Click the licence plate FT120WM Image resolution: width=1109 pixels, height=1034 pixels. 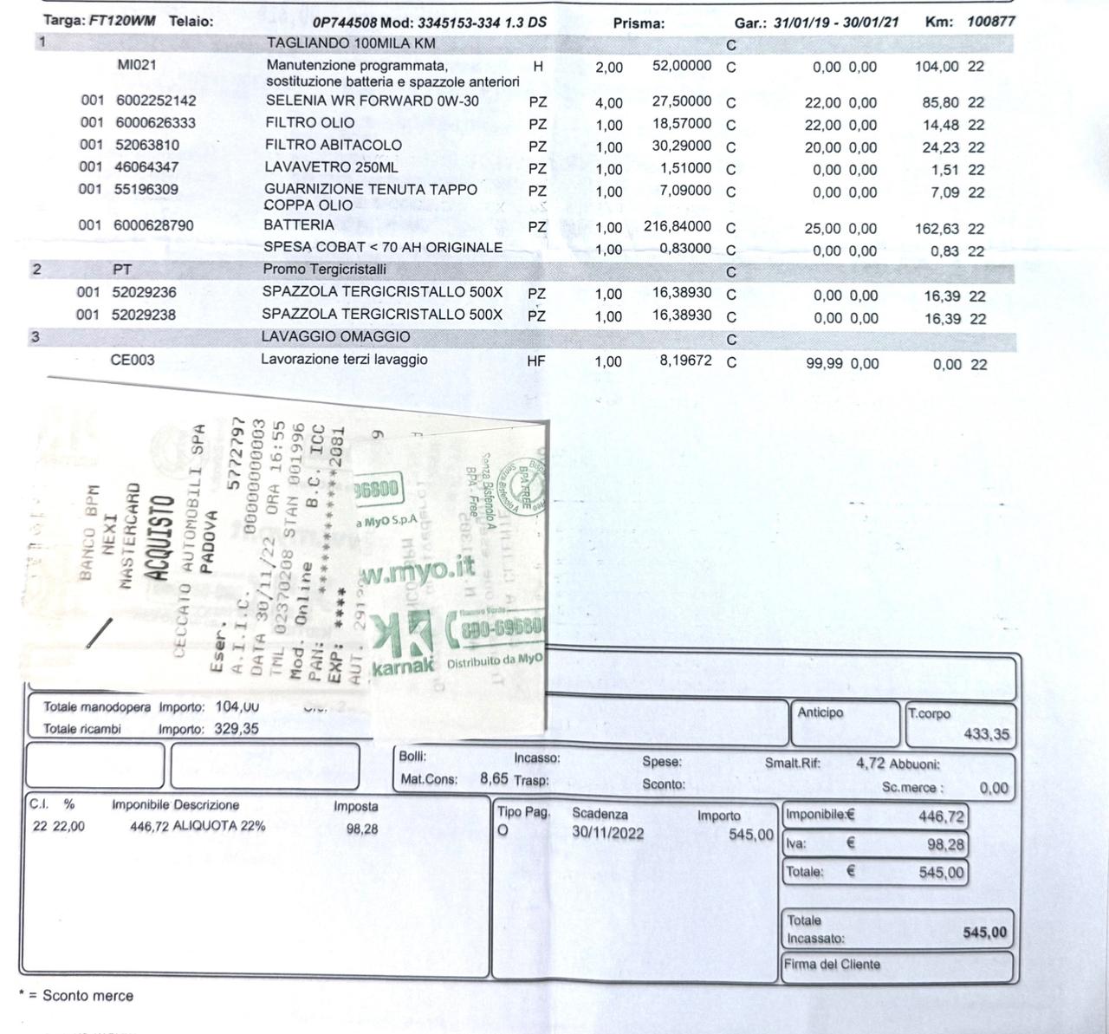[x=122, y=21]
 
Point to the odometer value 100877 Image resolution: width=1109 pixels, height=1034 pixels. [x=990, y=21]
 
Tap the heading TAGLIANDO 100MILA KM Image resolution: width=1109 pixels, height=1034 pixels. [x=351, y=42]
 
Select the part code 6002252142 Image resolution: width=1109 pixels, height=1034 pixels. [x=156, y=101]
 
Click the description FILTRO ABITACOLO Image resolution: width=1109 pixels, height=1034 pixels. [x=333, y=145]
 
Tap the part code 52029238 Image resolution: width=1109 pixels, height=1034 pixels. [x=144, y=315]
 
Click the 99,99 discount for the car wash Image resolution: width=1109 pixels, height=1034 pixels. [x=824, y=363]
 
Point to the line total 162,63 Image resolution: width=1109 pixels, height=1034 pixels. [x=940, y=229]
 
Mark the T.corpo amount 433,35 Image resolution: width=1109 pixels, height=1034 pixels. [x=987, y=734]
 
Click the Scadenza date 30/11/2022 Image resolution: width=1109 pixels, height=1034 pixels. [x=607, y=833]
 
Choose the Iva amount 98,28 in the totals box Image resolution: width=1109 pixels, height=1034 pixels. [x=944, y=844]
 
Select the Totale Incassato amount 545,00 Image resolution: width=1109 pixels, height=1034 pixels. [x=985, y=933]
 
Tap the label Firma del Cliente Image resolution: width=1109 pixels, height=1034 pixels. [x=832, y=964]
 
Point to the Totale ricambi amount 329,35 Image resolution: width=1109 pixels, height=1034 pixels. [x=237, y=729]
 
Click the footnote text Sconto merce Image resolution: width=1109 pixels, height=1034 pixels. [x=88, y=996]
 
